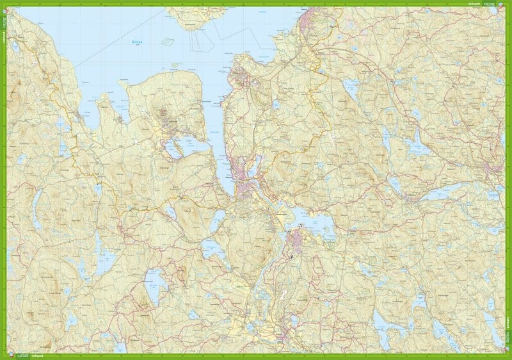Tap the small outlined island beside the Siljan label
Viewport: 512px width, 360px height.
[x=168, y=42]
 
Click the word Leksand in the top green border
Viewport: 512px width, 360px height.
[x=474, y=4]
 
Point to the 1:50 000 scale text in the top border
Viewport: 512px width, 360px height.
[x=494, y=4]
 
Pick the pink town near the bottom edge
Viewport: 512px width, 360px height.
[x=285, y=333]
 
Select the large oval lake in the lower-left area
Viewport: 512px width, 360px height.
[x=154, y=285]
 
